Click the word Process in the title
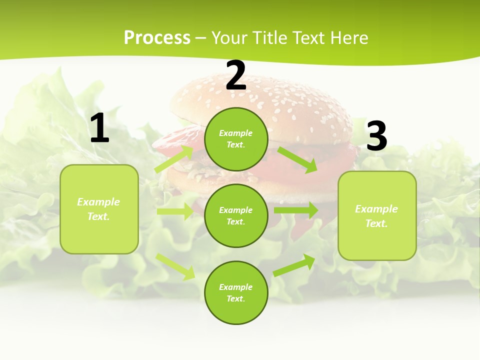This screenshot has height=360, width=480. click(157, 38)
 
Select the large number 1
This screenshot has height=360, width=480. click(99, 128)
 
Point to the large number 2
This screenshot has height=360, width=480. click(236, 75)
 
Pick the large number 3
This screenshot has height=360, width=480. click(376, 136)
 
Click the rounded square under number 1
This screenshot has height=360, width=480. click(99, 209)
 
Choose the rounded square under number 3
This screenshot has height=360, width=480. click(377, 215)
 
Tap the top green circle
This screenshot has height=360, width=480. click(236, 139)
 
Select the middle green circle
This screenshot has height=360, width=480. click(236, 215)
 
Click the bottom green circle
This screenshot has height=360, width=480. click(236, 292)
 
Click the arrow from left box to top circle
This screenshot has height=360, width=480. click(174, 159)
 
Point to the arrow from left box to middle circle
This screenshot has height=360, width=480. click(175, 211)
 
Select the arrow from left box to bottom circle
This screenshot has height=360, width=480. click(175, 266)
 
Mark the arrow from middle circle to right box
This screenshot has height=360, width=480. click(296, 210)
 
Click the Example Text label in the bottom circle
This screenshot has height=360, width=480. click(236, 292)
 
